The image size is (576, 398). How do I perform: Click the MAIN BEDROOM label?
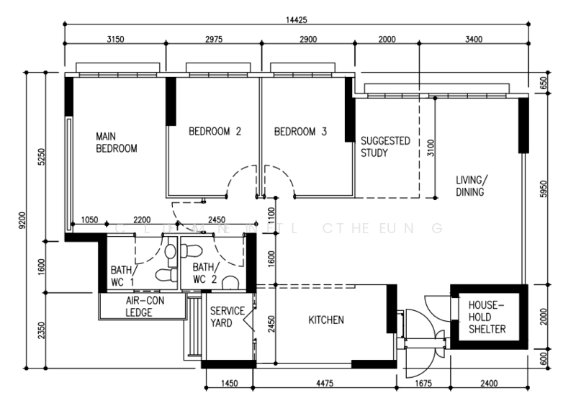pos(117,142)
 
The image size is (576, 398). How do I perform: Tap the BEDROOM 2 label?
pos(215,132)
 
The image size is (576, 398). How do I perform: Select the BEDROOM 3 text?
pos(300,132)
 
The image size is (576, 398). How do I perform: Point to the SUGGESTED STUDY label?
pos(385,147)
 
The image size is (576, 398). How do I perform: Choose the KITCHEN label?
pos(326,320)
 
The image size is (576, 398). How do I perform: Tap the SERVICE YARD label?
pos(227,317)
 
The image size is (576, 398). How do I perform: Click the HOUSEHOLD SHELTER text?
pos(487,317)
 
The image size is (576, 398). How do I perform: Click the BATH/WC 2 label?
pos(204,273)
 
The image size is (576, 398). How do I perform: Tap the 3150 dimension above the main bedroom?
pos(115,39)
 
